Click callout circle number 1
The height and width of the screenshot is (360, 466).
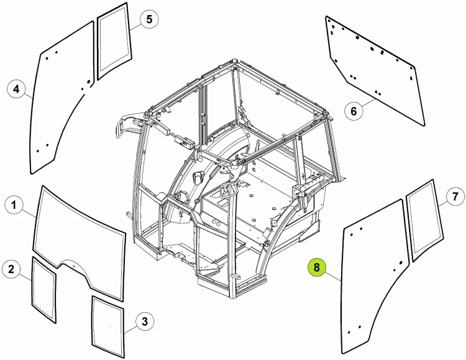(14, 205)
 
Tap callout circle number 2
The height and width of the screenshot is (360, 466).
(11, 269)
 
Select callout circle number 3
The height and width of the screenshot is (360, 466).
(145, 321)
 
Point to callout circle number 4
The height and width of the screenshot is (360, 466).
(16, 89)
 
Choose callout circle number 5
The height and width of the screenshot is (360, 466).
(149, 19)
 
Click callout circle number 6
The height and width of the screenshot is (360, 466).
(354, 111)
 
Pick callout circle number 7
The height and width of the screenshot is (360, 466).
(455, 196)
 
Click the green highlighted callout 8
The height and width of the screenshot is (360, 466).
(317, 267)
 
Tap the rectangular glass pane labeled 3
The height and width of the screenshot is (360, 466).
(108, 326)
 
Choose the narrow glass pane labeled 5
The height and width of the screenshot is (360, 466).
(114, 41)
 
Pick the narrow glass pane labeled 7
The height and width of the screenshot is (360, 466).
(424, 221)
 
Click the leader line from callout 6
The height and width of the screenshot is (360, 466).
(368, 103)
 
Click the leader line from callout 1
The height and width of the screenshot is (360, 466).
(29, 214)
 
